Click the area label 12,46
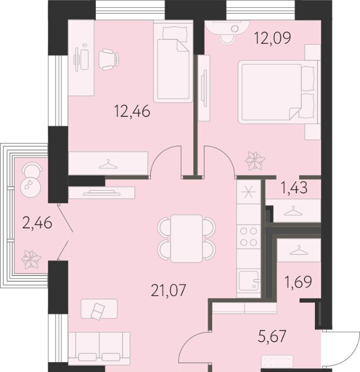(x=132, y=111)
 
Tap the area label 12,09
(x=272, y=38)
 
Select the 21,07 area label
(x=168, y=290)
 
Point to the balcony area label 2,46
(x=37, y=223)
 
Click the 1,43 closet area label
(x=294, y=188)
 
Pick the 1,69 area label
(x=298, y=282)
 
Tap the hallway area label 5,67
(x=272, y=336)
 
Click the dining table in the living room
(x=187, y=238)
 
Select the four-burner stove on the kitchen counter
(x=248, y=236)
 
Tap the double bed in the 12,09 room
(x=278, y=92)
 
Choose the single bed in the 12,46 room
(x=173, y=61)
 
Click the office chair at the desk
(x=108, y=59)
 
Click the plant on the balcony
(x=31, y=259)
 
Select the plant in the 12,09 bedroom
(x=255, y=161)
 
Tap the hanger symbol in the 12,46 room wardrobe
(x=108, y=164)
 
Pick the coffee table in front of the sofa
(x=99, y=309)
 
